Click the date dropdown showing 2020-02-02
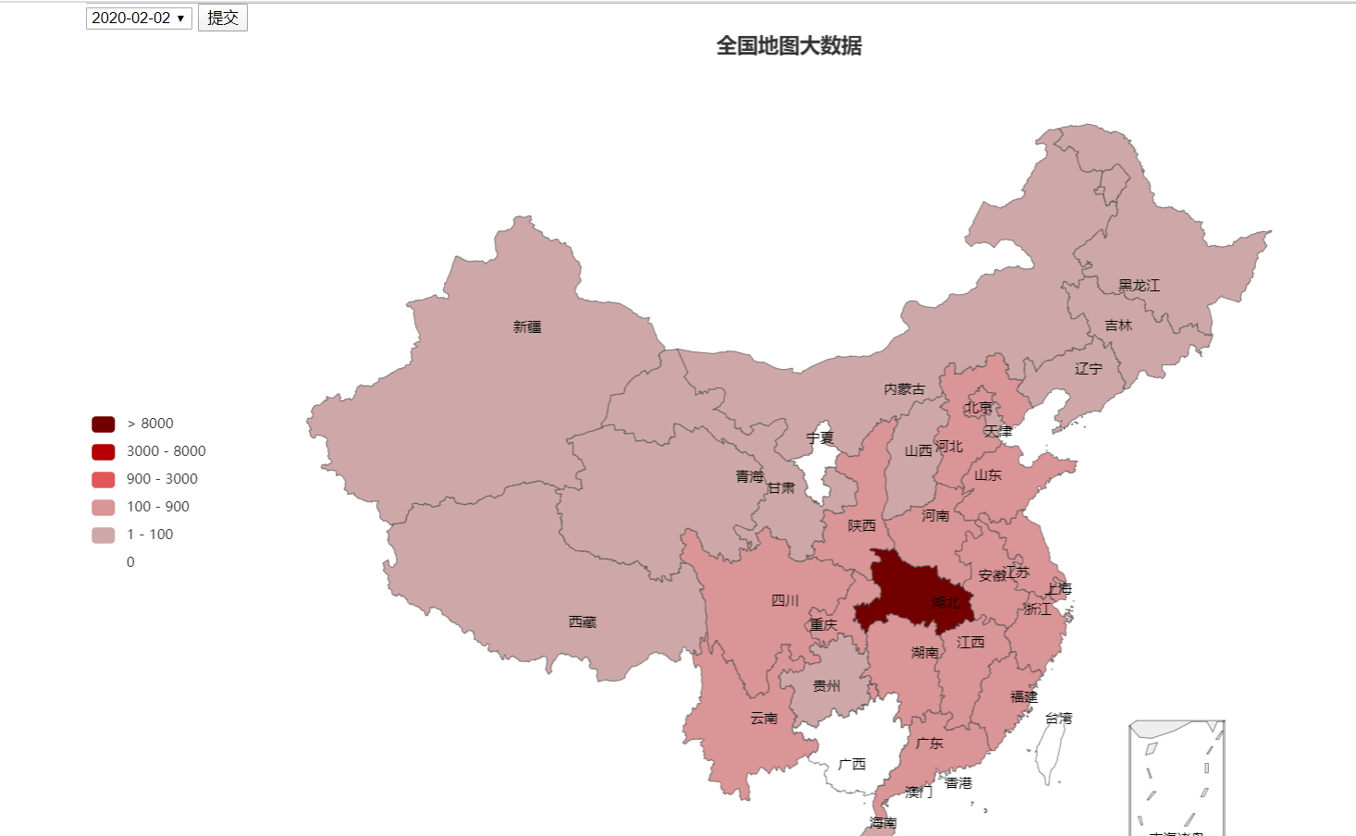point(139,18)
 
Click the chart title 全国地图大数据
point(788,46)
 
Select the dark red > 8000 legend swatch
point(103,424)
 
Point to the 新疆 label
point(527,327)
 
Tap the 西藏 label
point(582,622)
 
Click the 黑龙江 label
point(1139,286)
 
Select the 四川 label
point(784,601)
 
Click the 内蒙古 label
point(904,389)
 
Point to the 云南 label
point(764,719)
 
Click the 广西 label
point(852,765)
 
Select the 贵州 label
point(826,686)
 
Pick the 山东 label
point(987,475)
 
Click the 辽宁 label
point(1088,369)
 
